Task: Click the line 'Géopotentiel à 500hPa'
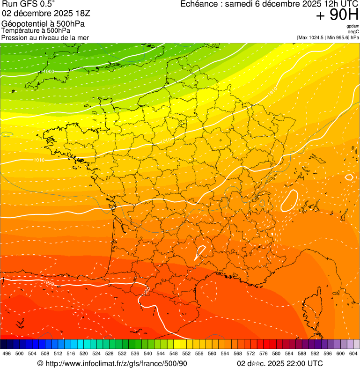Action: point(43,23)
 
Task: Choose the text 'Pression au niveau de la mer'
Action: point(45,37)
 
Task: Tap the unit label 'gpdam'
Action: point(353,26)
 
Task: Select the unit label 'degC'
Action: point(353,32)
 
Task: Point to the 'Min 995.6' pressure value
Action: point(337,37)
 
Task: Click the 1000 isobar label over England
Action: point(49,71)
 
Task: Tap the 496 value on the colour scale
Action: point(7,353)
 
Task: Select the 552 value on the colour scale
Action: point(186,353)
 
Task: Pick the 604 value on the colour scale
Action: point(353,353)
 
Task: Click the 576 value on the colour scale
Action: point(264,353)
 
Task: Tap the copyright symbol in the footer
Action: point(40,364)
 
